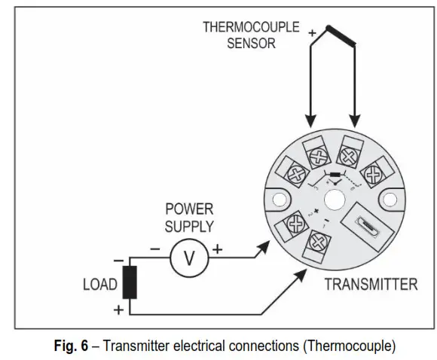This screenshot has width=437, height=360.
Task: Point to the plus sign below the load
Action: point(117,309)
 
